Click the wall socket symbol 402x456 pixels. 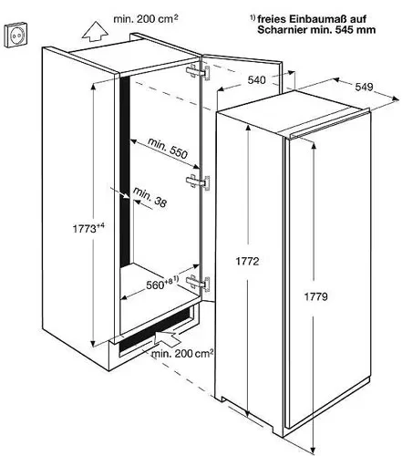click(x=15, y=36)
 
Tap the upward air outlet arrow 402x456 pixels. click(x=95, y=31)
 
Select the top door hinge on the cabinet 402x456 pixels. click(x=198, y=73)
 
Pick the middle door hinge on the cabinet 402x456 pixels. click(x=198, y=182)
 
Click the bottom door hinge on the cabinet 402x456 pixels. click(x=198, y=284)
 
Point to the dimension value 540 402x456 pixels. click(x=257, y=80)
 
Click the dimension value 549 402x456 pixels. click(x=364, y=87)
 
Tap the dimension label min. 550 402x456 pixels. click(x=168, y=149)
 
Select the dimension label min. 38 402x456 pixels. click(x=149, y=198)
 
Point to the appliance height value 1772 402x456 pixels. click(x=247, y=261)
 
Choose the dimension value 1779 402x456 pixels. click(x=316, y=296)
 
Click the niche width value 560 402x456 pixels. click(x=155, y=285)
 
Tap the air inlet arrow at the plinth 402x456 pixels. click(x=167, y=338)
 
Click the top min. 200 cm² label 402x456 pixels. click(x=146, y=19)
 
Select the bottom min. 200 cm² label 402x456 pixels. click(x=182, y=353)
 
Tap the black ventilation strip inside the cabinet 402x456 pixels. click(x=126, y=171)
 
